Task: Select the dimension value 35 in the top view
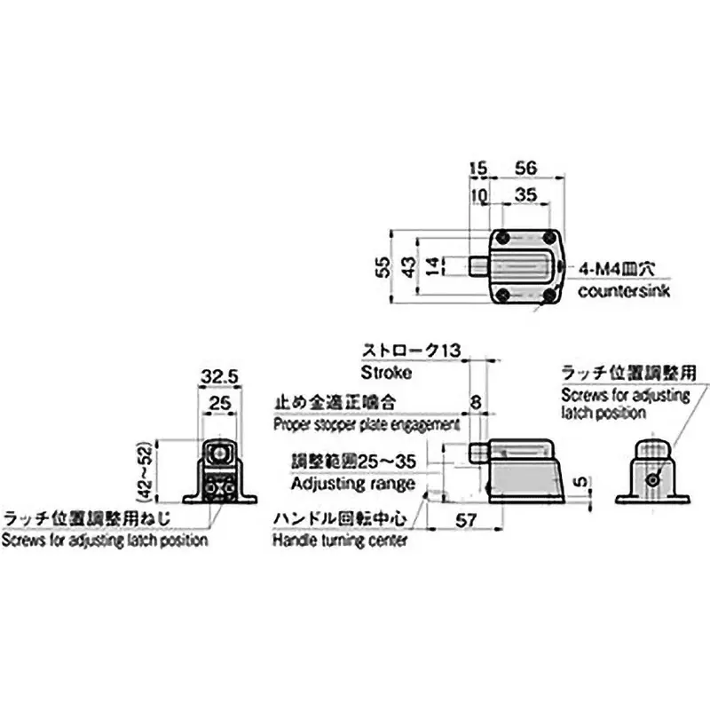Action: (526, 195)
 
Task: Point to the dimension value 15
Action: (478, 168)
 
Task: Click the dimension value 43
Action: (406, 265)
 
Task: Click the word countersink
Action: (625, 292)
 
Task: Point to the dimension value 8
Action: (477, 403)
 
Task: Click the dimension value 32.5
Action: (218, 377)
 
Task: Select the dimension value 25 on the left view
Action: (218, 405)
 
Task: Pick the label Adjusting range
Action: (352, 485)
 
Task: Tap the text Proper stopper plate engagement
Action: (366, 424)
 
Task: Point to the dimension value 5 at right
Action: (579, 483)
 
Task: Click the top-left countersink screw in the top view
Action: (503, 237)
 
